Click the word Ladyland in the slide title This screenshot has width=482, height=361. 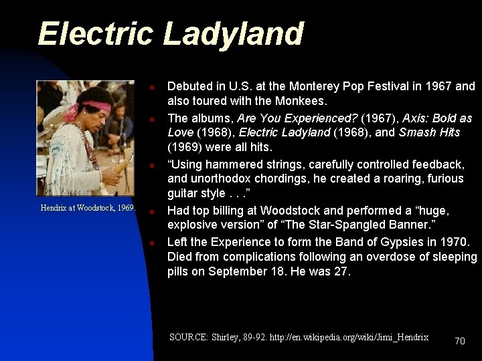click(234, 34)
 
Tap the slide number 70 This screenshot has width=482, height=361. click(459, 341)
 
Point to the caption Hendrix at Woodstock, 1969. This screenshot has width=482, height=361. click(88, 208)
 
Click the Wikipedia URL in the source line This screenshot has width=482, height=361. click(349, 337)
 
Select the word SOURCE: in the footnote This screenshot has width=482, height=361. click(189, 337)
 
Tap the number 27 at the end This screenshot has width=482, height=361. click(341, 271)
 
